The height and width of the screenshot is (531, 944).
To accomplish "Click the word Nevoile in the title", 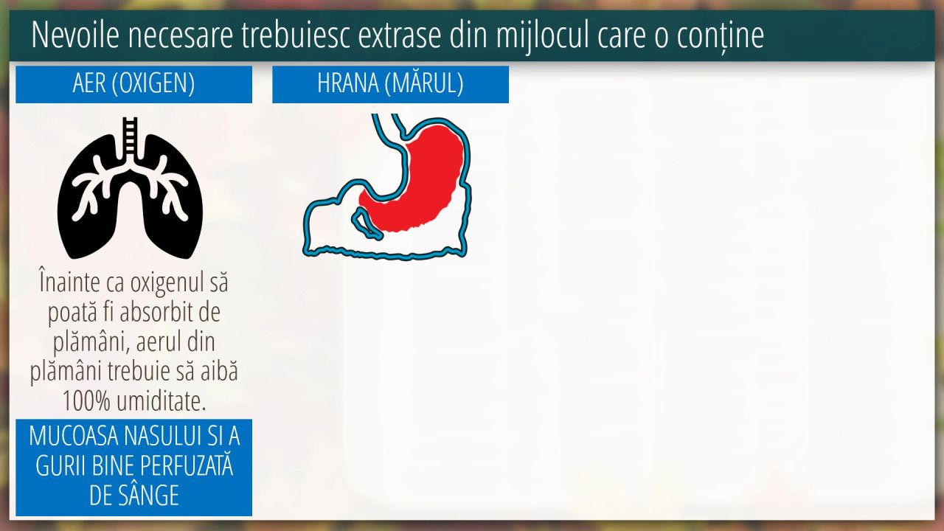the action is [75, 35].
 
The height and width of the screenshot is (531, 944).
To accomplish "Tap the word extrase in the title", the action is [399, 35].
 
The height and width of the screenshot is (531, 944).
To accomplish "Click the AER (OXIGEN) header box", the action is [134, 84].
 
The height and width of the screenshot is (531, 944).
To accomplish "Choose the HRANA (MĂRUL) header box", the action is [390, 84].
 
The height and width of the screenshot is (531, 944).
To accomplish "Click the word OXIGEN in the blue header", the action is [153, 83].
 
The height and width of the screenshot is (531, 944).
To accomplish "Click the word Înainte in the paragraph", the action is [69, 282].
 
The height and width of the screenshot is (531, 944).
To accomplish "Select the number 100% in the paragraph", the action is [87, 400].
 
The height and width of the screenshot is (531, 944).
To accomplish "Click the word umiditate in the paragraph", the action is [162, 400].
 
